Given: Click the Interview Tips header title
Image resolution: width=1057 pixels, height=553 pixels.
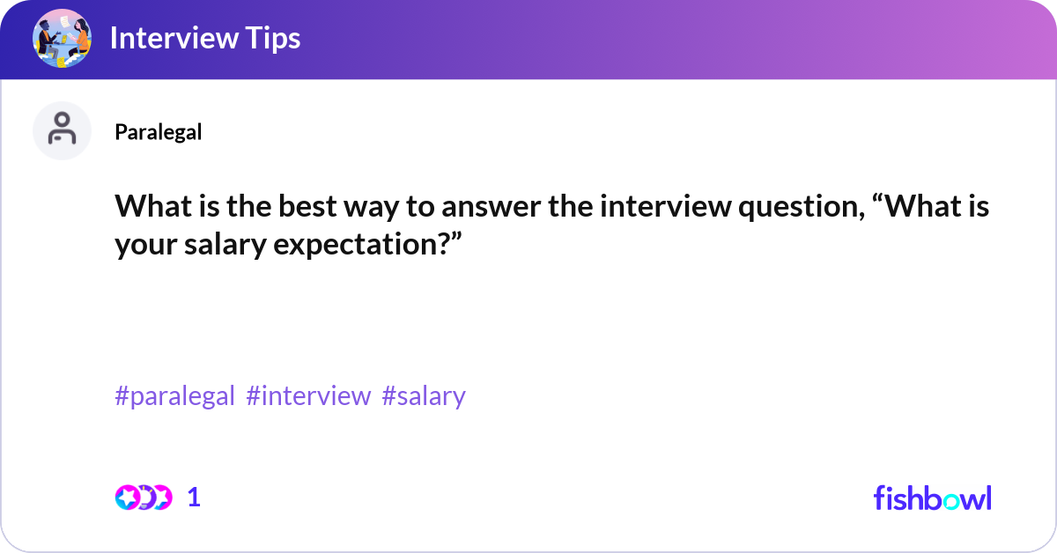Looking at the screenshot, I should [204, 39].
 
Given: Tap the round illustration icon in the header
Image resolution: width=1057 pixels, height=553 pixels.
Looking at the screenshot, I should [63, 40].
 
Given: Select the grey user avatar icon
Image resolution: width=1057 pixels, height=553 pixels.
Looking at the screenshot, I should [62, 130].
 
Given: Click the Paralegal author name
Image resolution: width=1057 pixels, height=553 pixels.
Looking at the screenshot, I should [158, 132].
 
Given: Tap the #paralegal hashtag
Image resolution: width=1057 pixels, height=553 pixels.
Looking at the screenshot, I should [174, 396].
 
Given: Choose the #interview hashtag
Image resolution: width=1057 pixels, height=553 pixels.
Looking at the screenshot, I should [308, 396].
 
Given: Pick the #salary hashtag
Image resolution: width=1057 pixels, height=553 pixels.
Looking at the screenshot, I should [424, 396].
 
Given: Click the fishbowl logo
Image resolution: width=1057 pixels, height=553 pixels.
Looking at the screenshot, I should [932, 498].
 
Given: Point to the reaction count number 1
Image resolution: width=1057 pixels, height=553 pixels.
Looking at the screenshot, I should [194, 498].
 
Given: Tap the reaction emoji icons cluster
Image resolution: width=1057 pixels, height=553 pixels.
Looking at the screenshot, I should [143, 498].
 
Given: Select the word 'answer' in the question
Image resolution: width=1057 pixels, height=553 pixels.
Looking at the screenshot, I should [413, 208].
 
